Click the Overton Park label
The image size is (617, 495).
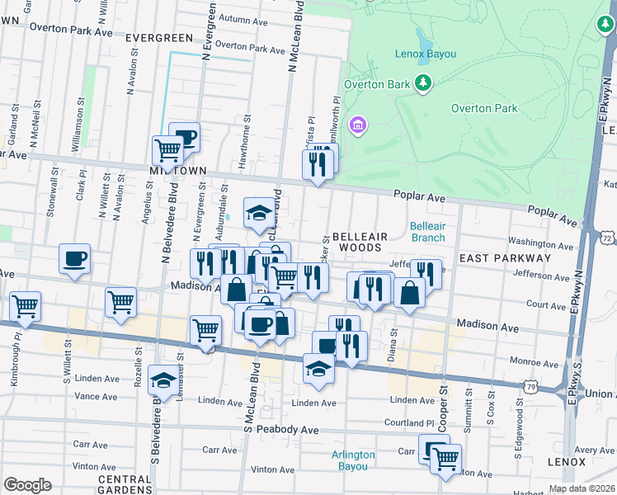point(484,108)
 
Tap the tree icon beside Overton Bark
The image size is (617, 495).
point(423,82)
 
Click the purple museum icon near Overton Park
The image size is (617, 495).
point(358,125)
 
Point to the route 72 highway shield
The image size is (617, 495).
point(607,238)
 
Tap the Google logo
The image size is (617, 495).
point(27,485)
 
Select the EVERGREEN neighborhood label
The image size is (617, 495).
point(159,38)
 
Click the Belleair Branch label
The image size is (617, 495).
point(428,232)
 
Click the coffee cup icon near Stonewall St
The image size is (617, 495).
point(74,259)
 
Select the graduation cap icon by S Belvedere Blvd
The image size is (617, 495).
point(163,380)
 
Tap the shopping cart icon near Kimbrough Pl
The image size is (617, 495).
point(25,306)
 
